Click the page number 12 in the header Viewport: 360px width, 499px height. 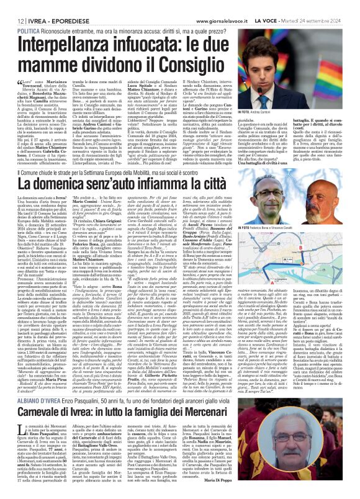[x=12, y=4]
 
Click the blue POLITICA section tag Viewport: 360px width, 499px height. [x=23, y=12]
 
